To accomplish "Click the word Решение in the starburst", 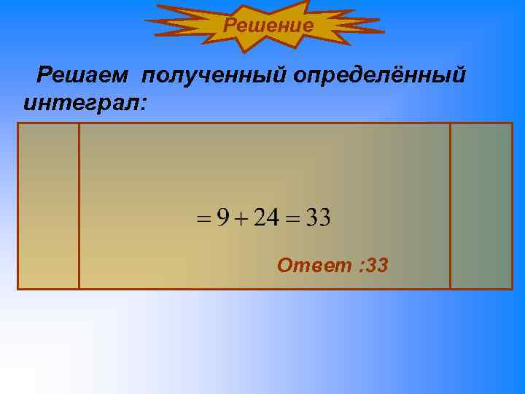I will point(268,26).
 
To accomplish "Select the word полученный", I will point(216,75).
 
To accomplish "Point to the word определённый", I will point(379,75).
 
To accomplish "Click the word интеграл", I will point(82,103).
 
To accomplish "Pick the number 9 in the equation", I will point(223,217).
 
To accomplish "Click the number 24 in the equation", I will point(267,217).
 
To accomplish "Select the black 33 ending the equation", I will point(318,217).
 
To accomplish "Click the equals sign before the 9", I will point(205,219).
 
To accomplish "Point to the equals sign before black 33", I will point(293,219).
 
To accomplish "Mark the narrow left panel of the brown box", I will point(48,206).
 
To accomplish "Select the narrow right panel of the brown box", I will point(481,206).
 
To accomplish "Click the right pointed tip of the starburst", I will point(383,31).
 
